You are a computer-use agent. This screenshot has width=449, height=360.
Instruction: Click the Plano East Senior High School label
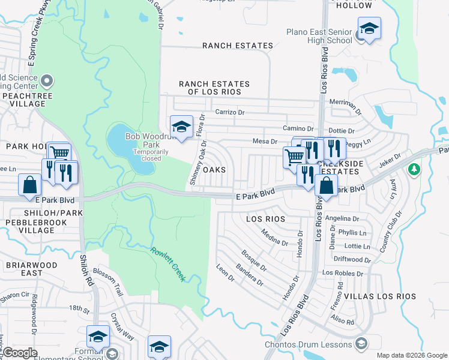pos(319,36)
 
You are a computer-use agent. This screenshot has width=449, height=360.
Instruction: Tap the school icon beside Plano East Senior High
pos(369,28)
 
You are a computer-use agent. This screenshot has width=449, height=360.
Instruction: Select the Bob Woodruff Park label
pos(151,140)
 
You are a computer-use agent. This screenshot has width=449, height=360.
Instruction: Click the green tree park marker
pos(414,170)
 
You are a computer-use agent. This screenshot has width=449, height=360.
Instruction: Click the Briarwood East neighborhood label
pos(31,269)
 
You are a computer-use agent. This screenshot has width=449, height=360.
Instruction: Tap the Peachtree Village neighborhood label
pos(24,100)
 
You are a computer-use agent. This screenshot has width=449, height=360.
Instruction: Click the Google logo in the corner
pos(20,352)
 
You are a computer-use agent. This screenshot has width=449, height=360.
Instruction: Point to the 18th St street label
pos(78,308)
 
